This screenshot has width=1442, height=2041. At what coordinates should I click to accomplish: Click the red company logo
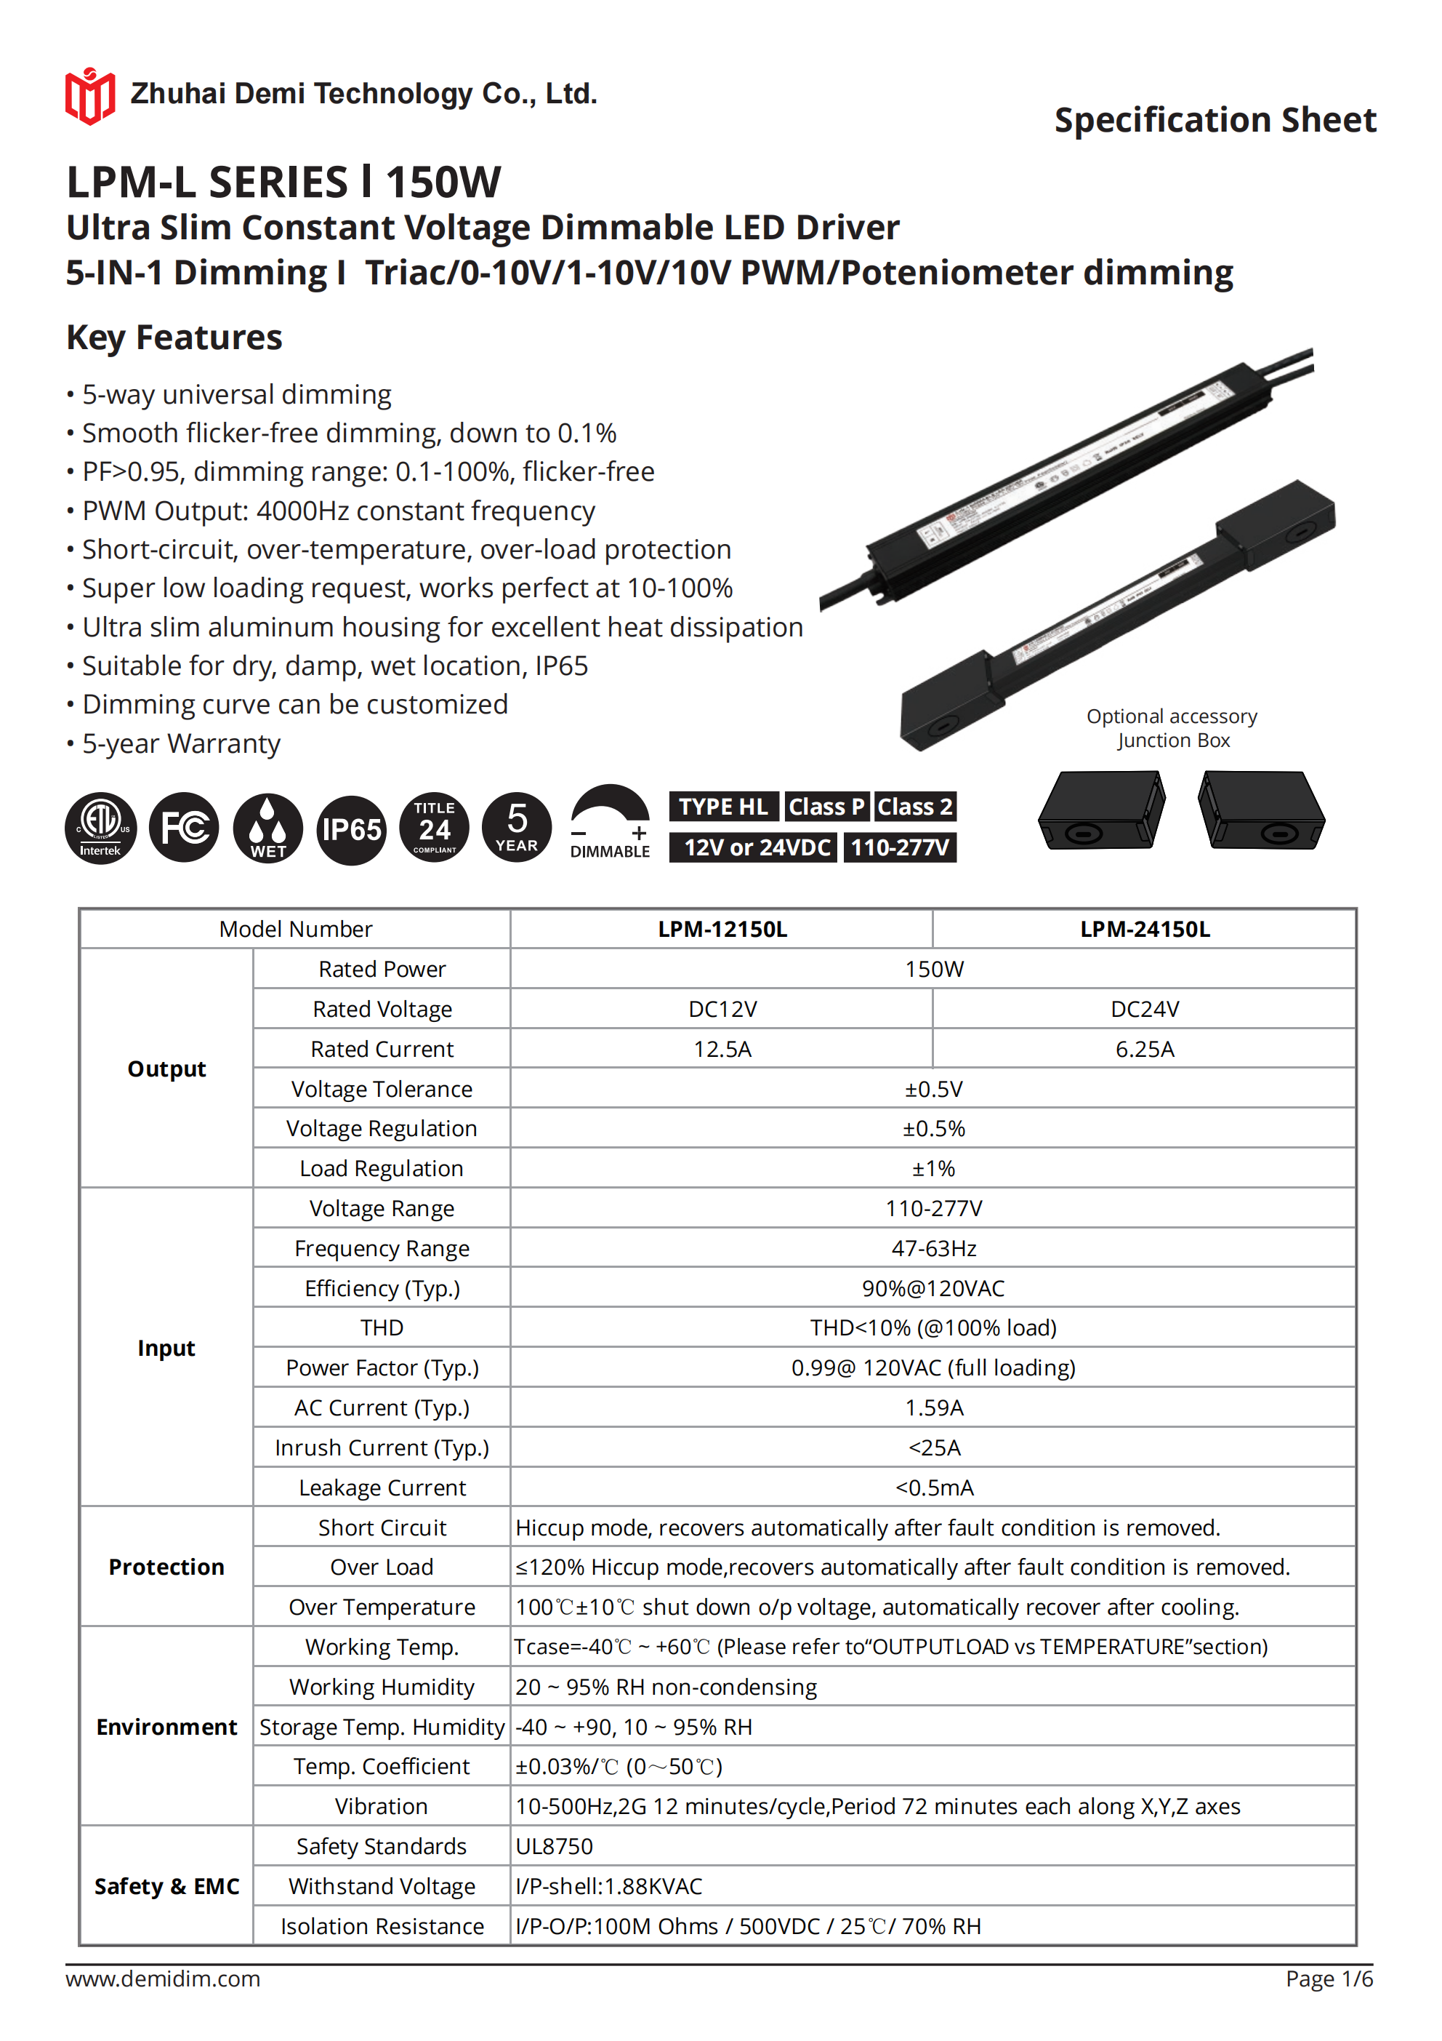point(89,95)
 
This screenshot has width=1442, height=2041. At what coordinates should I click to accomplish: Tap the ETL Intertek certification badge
point(100,828)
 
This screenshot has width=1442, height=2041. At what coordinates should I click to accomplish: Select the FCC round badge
point(184,828)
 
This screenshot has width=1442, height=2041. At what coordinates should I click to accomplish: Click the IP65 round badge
point(352,829)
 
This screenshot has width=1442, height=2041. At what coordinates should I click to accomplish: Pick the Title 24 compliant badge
point(435,828)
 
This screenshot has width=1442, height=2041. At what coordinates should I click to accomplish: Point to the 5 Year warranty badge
point(517,828)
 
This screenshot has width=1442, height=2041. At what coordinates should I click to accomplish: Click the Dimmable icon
point(611,822)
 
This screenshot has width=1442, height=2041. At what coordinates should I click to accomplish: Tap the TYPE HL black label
point(723,806)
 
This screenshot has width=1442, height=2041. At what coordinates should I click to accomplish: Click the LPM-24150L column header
point(1144,929)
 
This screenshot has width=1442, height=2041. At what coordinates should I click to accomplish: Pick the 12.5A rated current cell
point(722,1049)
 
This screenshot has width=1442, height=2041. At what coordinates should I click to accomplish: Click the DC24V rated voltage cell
point(1144,1009)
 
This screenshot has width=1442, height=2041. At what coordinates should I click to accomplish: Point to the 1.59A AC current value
point(934,1407)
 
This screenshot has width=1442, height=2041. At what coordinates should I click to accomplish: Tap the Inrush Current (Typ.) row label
point(382,1447)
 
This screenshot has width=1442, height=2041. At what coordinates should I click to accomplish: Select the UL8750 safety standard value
point(555,1846)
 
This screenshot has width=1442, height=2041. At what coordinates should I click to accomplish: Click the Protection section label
point(166,1566)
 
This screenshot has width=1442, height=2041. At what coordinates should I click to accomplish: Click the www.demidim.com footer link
point(163,1978)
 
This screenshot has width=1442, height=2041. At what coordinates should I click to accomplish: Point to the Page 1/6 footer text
point(1329,1978)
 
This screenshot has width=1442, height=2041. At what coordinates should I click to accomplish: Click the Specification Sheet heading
point(1215,120)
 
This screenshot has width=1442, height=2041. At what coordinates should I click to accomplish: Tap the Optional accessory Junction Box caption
point(1172,728)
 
